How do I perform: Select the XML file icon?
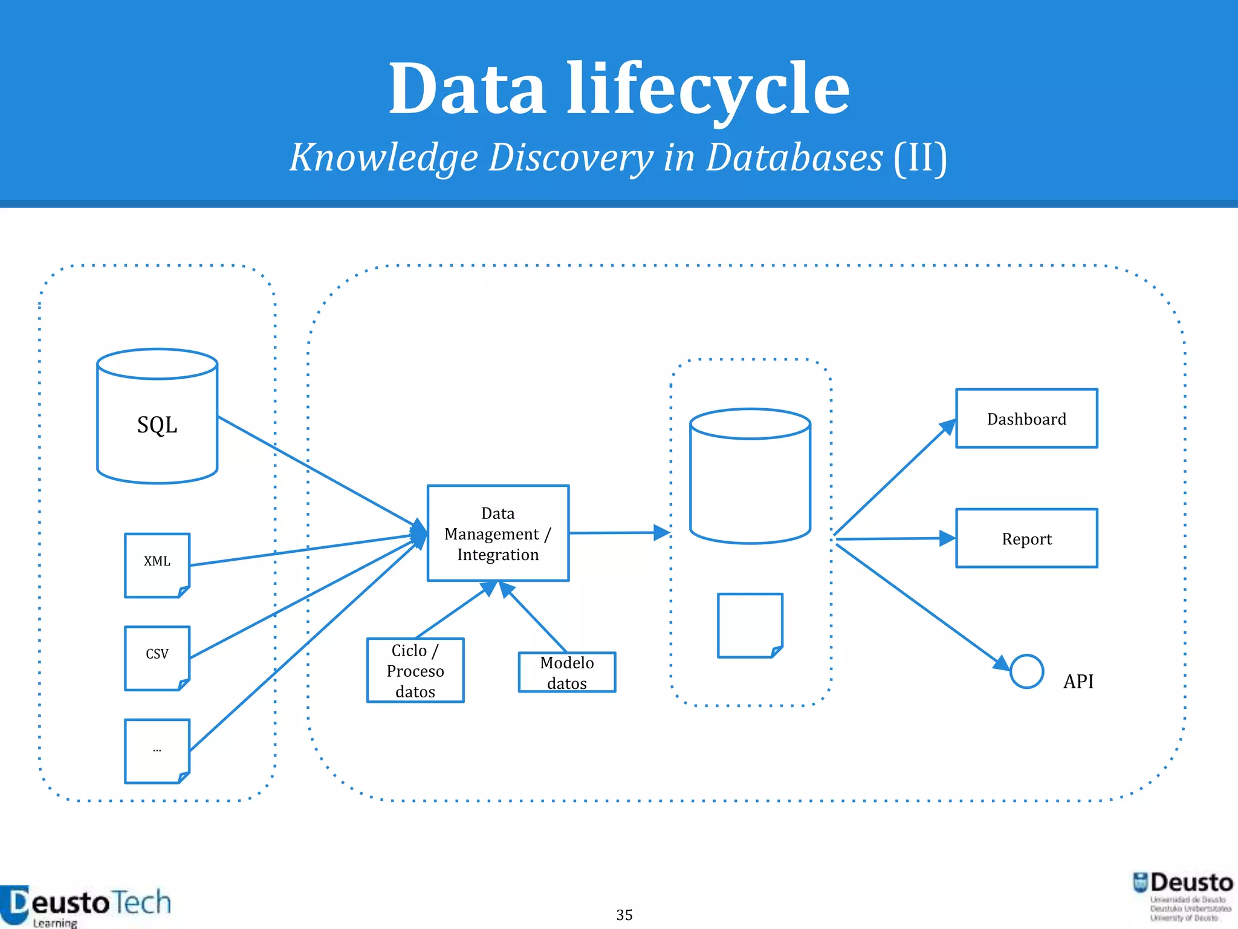coord(157,565)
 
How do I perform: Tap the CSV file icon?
coord(157,658)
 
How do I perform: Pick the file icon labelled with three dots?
coord(157,751)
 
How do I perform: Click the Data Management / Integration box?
coord(498,533)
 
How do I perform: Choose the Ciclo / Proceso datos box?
coord(415,670)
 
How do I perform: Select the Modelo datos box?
coord(567,672)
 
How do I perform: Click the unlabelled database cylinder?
coord(750,477)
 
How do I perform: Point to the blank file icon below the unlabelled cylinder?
coord(750,625)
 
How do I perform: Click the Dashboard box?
coord(1026,419)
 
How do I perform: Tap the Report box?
coord(1026,538)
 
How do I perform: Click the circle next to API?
coord(1026,671)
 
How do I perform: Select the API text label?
coord(1078,682)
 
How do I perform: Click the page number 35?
coord(624,914)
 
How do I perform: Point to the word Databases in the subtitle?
coord(794,158)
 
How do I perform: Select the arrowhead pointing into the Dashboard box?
coord(948,427)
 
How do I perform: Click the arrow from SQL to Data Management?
coord(314,471)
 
